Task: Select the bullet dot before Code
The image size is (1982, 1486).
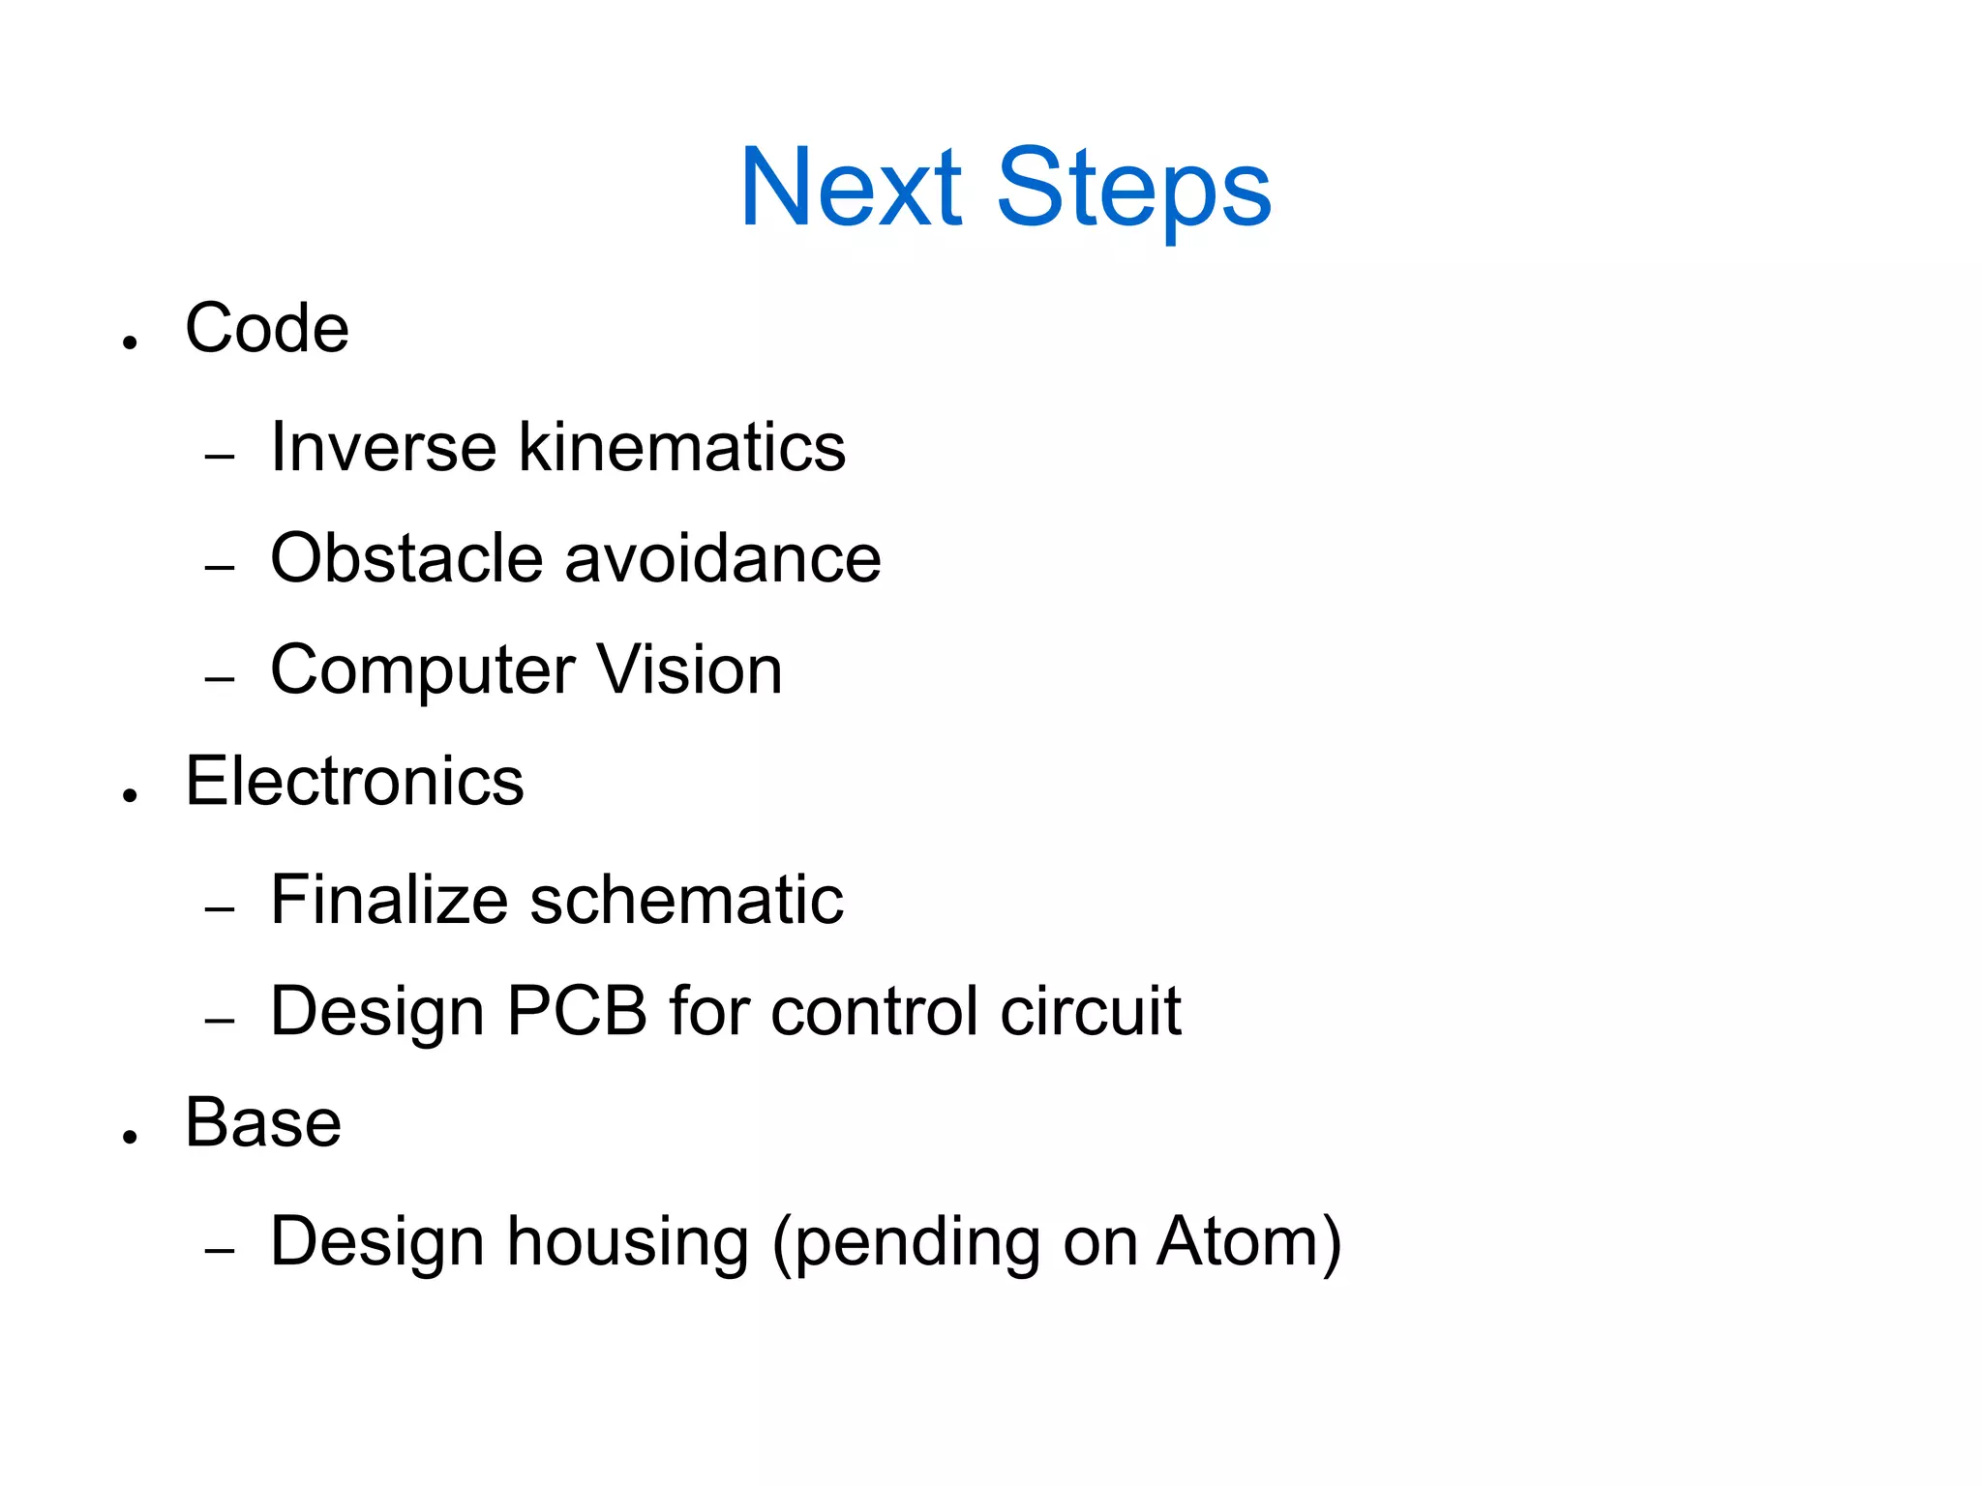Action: (x=131, y=342)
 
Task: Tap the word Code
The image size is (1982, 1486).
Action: (x=266, y=329)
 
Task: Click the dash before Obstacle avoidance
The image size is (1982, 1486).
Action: (x=220, y=567)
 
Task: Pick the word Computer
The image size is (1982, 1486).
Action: (x=423, y=671)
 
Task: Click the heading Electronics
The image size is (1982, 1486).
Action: (x=354, y=782)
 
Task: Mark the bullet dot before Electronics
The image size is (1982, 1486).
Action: (x=131, y=795)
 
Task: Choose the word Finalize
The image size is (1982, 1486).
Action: (x=388, y=900)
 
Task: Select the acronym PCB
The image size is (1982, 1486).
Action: (x=576, y=1011)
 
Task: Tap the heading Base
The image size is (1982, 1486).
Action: (x=263, y=1123)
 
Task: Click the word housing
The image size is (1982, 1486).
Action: (x=628, y=1242)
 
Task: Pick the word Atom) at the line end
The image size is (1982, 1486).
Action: (x=1248, y=1242)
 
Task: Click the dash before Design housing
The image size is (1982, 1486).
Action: (x=220, y=1250)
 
